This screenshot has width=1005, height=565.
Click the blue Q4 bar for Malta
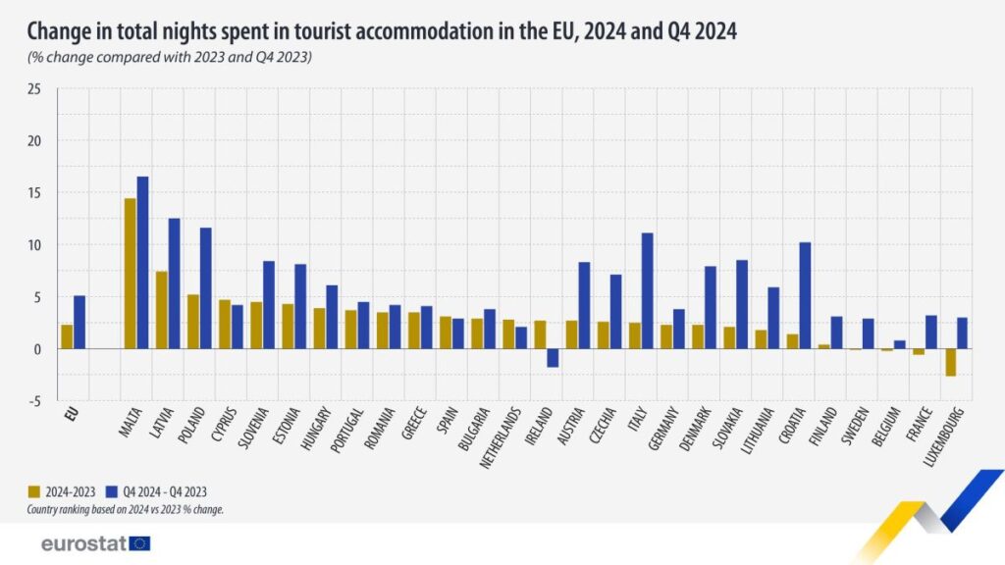point(142,263)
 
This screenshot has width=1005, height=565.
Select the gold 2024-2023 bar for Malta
point(130,274)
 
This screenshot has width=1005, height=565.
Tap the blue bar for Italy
point(648,290)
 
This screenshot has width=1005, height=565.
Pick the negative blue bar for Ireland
point(553,358)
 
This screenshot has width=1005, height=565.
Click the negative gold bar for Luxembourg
point(950,362)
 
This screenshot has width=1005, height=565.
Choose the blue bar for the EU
point(79,322)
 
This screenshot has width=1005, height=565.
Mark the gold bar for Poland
point(193,322)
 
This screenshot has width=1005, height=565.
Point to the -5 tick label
point(35,400)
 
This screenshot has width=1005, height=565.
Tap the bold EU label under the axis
point(71,414)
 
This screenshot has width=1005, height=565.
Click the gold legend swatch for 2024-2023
point(33,490)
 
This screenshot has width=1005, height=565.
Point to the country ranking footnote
point(126,508)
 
